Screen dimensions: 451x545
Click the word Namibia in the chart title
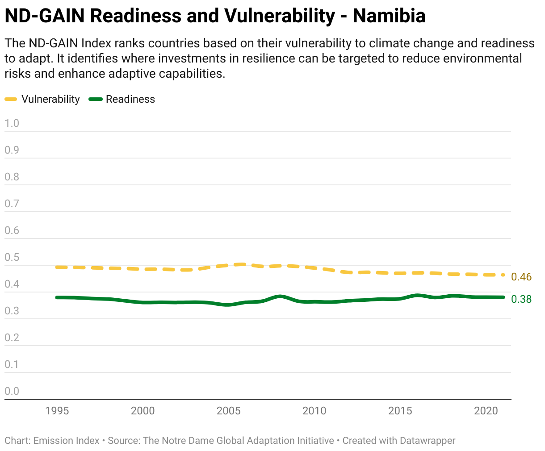[x=389, y=16]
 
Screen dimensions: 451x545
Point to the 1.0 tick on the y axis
[x=12, y=123]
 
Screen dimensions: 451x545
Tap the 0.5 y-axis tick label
[x=12, y=257]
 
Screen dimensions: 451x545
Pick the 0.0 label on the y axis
[x=12, y=391]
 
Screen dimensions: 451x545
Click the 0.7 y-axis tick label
[x=12, y=204]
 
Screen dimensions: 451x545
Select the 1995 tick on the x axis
[x=57, y=411]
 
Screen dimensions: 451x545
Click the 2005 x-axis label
[x=229, y=411]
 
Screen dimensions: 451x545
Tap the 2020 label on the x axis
[x=486, y=411]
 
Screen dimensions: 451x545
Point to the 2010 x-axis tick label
[x=314, y=411]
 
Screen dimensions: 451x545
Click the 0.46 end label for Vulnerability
[x=521, y=277]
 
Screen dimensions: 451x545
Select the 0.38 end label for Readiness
[x=521, y=299]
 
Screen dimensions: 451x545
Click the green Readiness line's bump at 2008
[x=280, y=296]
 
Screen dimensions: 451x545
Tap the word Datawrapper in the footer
[x=428, y=441]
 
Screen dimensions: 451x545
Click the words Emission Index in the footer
[x=67, y=441]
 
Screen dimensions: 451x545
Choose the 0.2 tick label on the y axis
[x=12, y=338]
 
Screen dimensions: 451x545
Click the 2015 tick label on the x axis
[x=400, y=411]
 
